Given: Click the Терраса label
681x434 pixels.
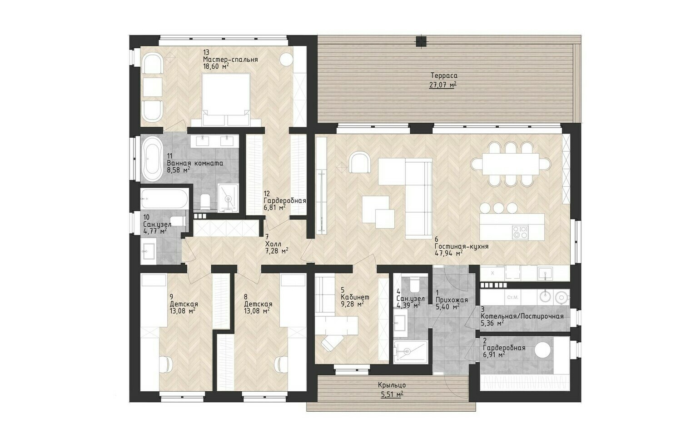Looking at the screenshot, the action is click(444, 75).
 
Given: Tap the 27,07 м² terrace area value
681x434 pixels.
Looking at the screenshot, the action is click(443, 85).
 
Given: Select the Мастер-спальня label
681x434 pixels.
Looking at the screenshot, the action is click(230, 60).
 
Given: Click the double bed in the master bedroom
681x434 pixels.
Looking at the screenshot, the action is click(227, 99).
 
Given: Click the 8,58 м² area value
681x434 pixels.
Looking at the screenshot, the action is click(179, 170).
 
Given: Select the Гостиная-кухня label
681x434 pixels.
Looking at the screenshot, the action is click(462, 246).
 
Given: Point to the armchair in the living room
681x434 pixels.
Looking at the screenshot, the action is click(360, 162).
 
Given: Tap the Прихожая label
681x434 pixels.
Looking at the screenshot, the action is click(452, 300).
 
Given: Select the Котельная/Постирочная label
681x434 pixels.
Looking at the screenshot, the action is click(522, 316).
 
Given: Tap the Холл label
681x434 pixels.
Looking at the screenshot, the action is click(273, 244).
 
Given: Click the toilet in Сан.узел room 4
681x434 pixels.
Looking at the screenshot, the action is click(414, 284).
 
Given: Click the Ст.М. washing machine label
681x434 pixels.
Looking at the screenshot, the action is click(512, 297).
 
